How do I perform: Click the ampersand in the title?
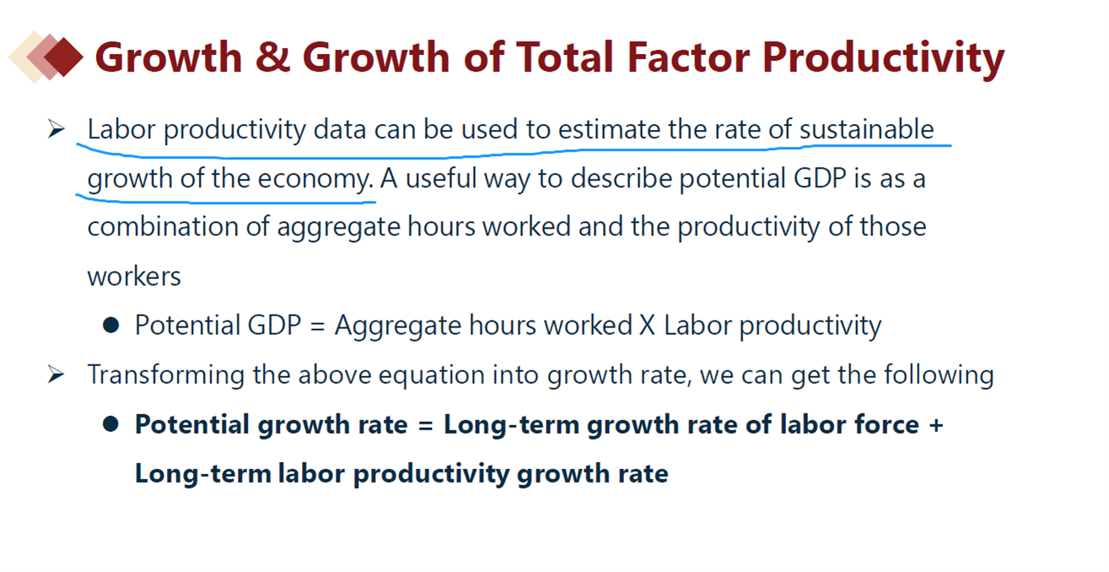272,57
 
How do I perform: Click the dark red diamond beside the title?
64,57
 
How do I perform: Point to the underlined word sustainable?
866,129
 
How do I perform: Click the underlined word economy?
315,179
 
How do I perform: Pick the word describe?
622,178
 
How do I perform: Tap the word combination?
163,226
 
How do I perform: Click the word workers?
134,276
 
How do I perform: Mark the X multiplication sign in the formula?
647,326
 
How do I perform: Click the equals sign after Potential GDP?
317,326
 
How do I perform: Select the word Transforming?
166,375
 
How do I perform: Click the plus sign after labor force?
936,425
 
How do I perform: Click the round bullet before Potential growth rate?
111,424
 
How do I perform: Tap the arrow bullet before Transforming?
57,375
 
